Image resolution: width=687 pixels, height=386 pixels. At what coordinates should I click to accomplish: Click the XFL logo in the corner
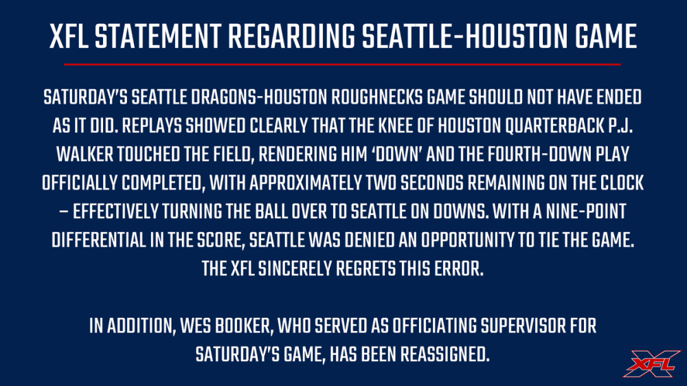[x=651, y=363]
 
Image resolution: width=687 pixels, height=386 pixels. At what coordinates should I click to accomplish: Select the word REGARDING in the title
[x=291, y=36]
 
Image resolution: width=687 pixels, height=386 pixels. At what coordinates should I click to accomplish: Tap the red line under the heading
[x=342, y=65]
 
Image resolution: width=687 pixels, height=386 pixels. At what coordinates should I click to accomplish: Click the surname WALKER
[x=85, y=155]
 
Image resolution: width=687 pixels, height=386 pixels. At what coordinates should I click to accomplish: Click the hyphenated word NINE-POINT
[x=586, y=212]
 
